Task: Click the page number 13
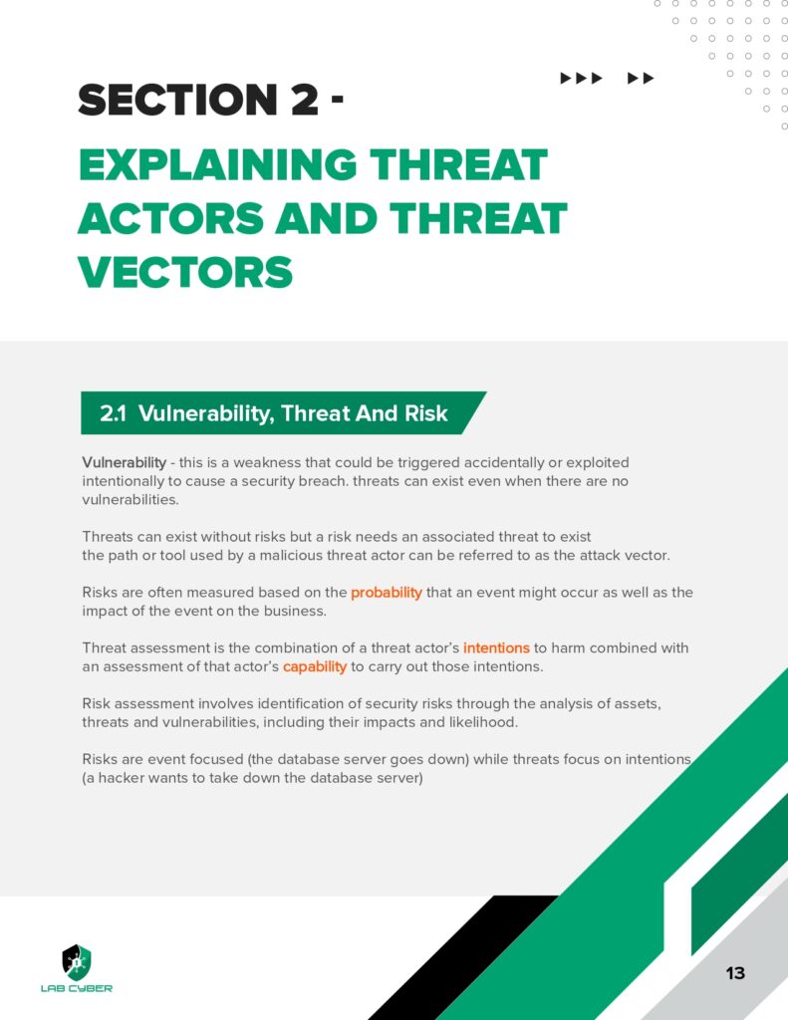pyautogui.click(x=735, y=973)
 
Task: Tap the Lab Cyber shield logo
pyautogui.click(x=76, y=960)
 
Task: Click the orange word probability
pyautogui.click(x=387, y=593)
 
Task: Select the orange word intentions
pyautogui.click(x=496, y=647)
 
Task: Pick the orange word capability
pyautogui.click(x=315, y=665)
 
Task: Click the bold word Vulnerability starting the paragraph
pyautogui.click(x=123, y=463)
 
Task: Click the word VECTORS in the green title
pyautogui.click(x=185, y=271)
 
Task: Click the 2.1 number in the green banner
pyautogui.click(x=114, y=414)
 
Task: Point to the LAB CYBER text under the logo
pyautogui.click(x=77, y=988)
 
